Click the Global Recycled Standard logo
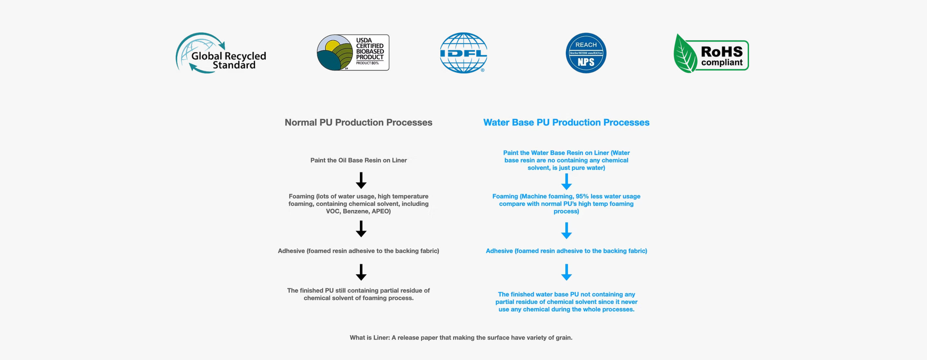pyautogui.click(x=221, y=53)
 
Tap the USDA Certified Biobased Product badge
pyautogui.click(x=353, y=52)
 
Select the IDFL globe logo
pyautogui.click(x=464, y=52)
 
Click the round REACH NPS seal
pyautogui.click(x=586, y=53)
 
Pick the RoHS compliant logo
pyautogui.click(x=711, y=54)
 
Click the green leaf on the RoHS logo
pyautogui.click(x=685, y=54)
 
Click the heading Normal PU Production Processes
pyautogui.click(x=358, y=122)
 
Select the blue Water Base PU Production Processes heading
pyautogui.click(x=566, y=122)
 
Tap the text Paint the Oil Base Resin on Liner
pyautogui.click(x=358, y=160)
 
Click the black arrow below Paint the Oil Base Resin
pyautogui.click(x=361, y=180)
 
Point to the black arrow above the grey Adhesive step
pyautogui.click(x=361, y=229)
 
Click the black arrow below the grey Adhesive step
pyautogui.click(x=361, y=272)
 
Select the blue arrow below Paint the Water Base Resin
pyautogui.click(x=566, y=182)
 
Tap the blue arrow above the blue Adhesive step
pyautogui.click(x=566, y=230)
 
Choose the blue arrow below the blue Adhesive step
pyautogui.click(x=566, y=272)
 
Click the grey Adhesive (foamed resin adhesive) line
pyautogui.click(x=358, y=251)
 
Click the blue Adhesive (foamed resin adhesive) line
pyautogui.click(x=566, y=251)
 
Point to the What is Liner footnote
pyautogui.click(x=461, y=338)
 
